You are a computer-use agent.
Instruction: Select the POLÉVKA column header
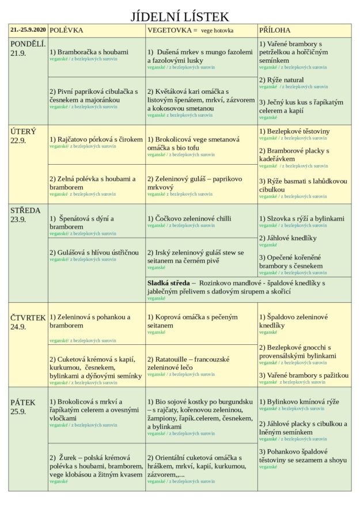coord(66,29)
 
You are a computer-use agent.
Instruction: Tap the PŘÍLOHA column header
coord(275,29)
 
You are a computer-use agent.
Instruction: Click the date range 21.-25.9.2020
coord(28,29)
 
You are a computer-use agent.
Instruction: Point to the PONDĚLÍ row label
coord(28,44)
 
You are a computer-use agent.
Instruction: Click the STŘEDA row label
coord(25,210)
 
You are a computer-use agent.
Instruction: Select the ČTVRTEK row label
coord(28,317)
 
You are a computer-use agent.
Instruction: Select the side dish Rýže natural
coord(285,79)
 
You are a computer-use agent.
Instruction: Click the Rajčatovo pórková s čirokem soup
coord(96,139)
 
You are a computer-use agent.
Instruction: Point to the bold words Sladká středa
coord(168,283)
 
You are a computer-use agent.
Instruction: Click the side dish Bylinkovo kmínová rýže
coord(298,401)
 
